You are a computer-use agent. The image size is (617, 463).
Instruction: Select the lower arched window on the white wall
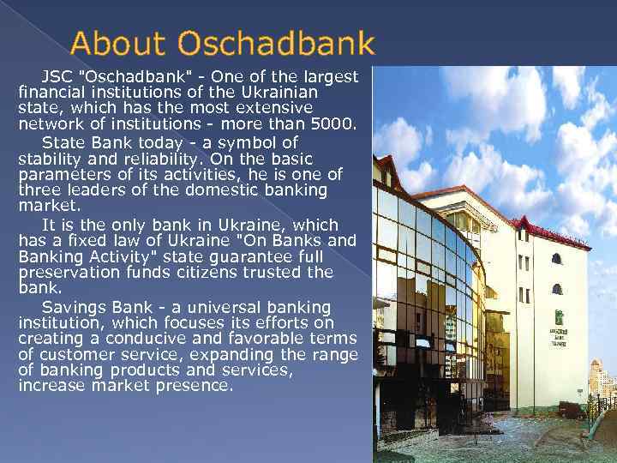[557, 289]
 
